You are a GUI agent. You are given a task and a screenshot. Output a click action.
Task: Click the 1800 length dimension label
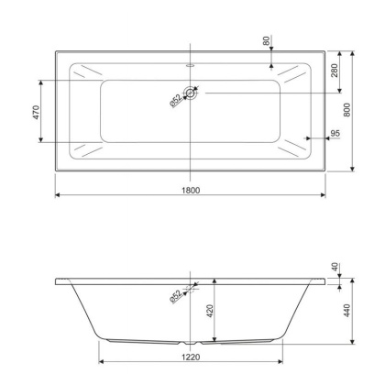click(191, 191)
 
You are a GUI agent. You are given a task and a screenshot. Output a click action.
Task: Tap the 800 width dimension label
click(347, 110)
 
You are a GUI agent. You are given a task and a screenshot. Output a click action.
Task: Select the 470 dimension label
click(36, 112)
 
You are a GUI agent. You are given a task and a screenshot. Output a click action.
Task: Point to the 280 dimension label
click(335, 71)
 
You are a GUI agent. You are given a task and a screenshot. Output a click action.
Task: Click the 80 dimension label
click(267, 40)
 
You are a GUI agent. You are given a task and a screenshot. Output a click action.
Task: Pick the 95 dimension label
click(335, 133)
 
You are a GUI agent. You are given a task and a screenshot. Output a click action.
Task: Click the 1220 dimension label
click(191, 357)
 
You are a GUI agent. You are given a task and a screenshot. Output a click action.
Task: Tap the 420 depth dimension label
click(210, 311)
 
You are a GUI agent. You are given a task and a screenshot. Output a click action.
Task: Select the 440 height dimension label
click(347, 310)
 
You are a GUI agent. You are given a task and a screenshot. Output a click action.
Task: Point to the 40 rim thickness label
click(335, 267)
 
